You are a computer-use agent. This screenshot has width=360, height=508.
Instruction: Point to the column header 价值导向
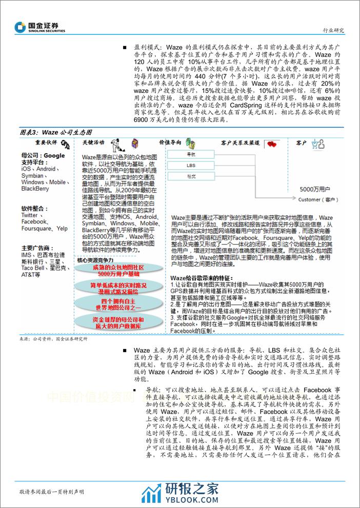point(169,143)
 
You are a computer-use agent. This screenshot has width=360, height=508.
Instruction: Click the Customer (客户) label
point(318,199)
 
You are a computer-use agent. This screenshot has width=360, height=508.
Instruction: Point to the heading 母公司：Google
point(43,156)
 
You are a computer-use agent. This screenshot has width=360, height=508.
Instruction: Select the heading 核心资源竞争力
point(95,260)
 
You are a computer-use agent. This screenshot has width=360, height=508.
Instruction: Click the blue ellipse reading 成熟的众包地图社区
point(117,271)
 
